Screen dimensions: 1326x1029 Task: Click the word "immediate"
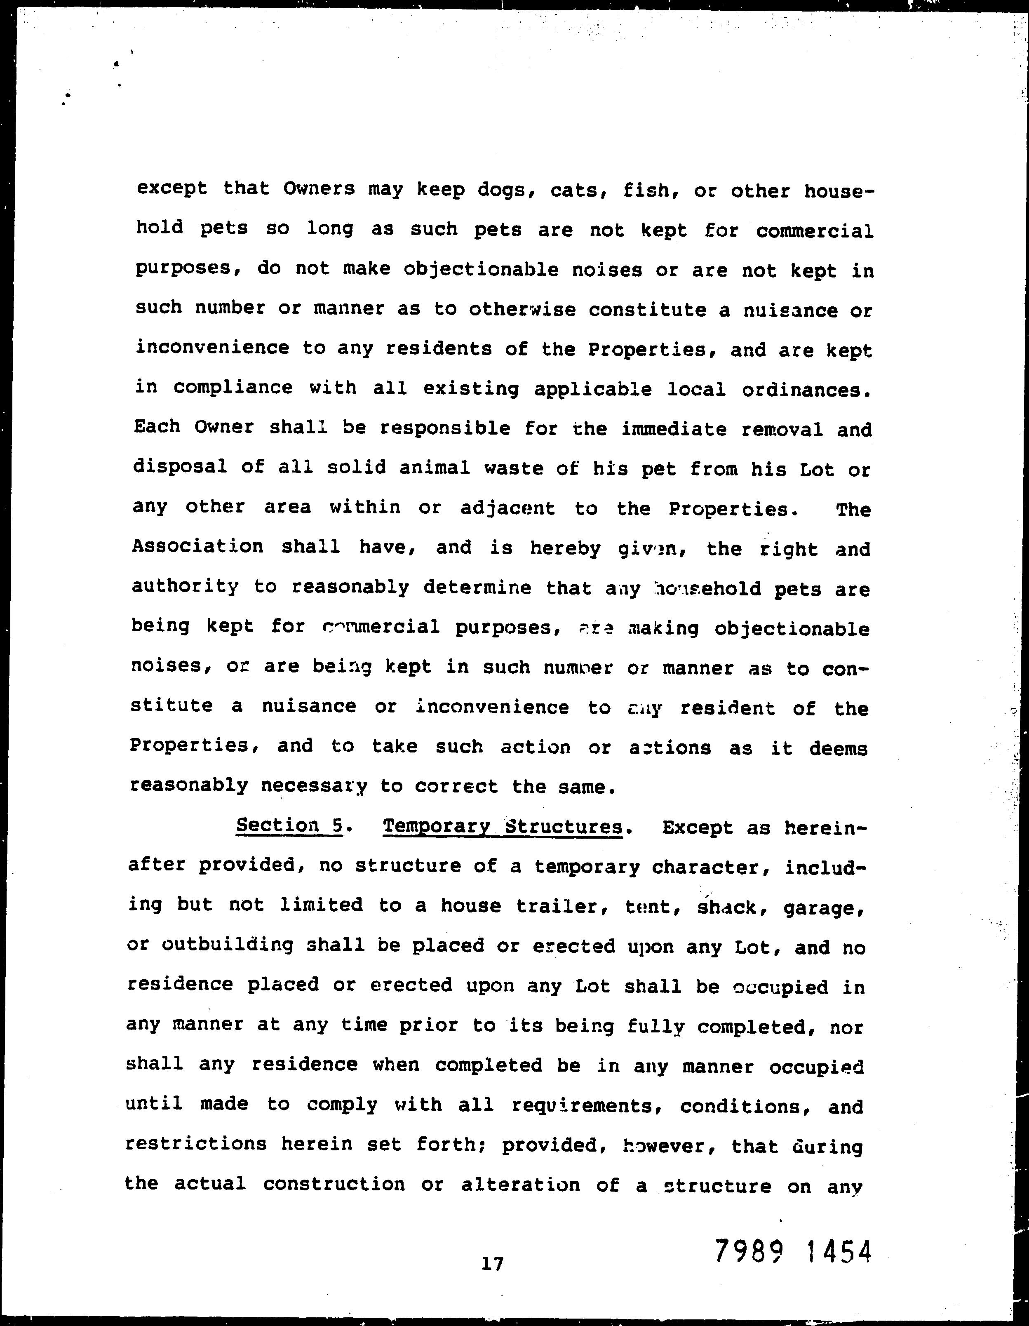pos(674,429)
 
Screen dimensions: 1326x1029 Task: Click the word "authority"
pos(185,586)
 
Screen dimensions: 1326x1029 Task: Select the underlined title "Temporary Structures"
pos(503,827)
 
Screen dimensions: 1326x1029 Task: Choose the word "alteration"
pos(520,1185)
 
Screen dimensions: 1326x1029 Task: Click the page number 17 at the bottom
pos(492,1264)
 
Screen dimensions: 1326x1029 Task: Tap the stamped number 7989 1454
pos(793,1252)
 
